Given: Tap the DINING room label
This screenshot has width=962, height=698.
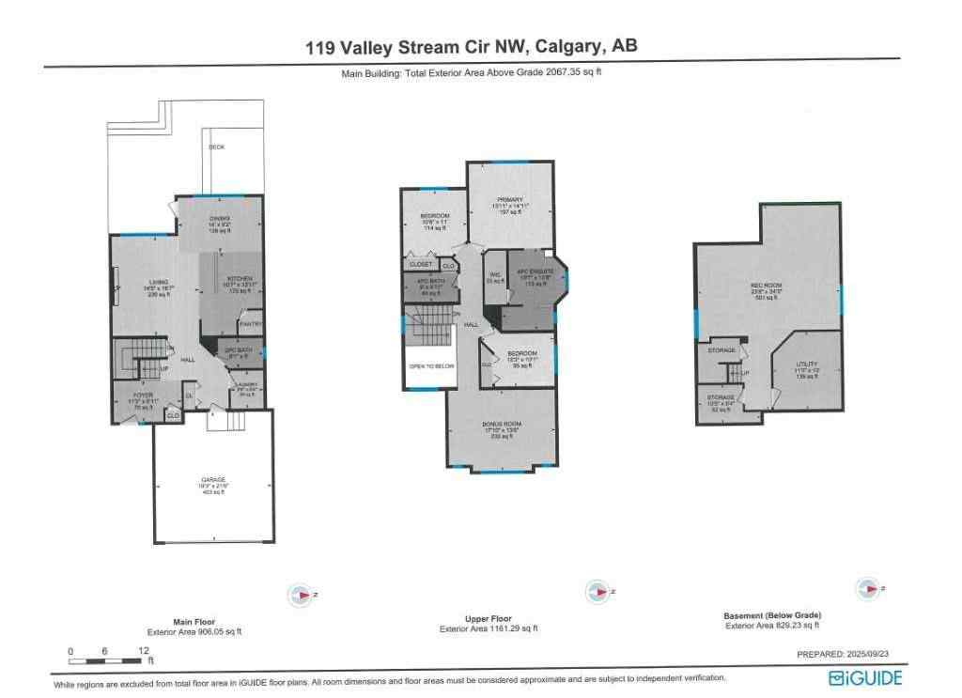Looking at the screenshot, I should tap(220, 219).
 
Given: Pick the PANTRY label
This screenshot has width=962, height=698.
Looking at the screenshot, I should tap(250, 324).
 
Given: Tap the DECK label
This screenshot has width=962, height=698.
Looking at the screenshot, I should tap(217, 147).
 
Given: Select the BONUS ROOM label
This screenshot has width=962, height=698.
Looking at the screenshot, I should tap(502, 425).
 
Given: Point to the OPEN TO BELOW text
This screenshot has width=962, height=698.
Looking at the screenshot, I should tap(428, 366).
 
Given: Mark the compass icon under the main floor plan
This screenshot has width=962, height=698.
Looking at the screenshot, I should tap(301, 594).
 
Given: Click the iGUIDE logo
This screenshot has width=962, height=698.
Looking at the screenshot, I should tap(864, 677).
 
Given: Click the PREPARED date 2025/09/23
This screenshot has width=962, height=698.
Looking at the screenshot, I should tap(849, 655).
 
